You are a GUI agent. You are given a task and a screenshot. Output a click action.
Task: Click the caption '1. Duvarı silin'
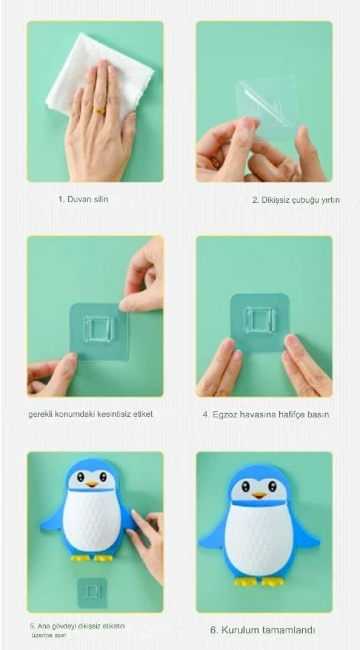point(83,199)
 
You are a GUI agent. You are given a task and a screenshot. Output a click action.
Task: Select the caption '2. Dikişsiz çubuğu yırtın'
point(296,200)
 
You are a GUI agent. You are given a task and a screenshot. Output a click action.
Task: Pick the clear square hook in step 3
point(98,330)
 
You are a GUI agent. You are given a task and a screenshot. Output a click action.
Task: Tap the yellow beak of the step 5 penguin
point(92,484)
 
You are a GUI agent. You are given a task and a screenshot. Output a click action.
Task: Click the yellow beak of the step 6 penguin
point(259,494)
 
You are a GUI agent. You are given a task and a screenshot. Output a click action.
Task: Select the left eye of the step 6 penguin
point(246,485)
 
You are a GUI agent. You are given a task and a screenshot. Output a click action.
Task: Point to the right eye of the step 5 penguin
point(103,476)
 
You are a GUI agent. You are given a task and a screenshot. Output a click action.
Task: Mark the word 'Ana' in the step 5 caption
point(43,624)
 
